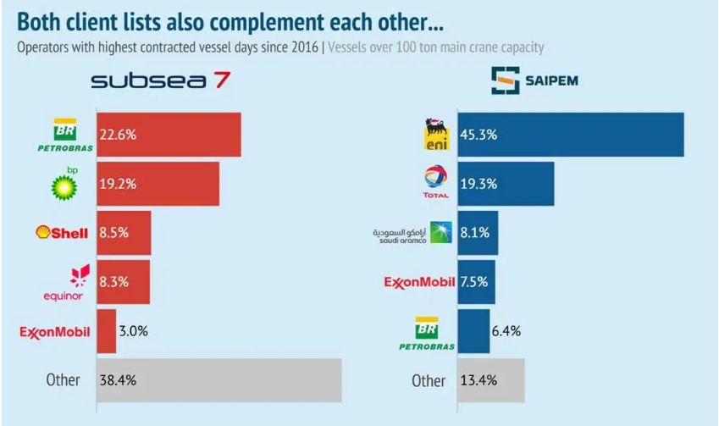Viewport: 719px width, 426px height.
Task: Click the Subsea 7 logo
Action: click(158, 81)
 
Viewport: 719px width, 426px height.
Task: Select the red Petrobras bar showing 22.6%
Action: click(169, 134)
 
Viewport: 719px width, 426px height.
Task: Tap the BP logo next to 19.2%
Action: click(64, 183)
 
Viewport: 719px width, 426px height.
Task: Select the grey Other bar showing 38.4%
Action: click(218, 380)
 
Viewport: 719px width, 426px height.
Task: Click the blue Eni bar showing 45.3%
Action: click(570, 134)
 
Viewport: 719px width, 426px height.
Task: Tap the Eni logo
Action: click(436, 134)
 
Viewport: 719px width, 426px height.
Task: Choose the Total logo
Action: click(436, 183)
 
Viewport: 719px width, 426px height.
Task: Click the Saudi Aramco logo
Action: click(414, 233)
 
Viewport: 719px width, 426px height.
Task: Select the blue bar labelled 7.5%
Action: click(476, 282)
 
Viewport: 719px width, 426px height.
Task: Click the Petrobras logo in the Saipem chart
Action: click(427, 332)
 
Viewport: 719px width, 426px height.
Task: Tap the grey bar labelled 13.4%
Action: click(491, 380)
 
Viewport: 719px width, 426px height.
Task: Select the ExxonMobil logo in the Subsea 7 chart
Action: click(55, 331)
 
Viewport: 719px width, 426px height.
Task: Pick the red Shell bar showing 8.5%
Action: click(124, 232)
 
